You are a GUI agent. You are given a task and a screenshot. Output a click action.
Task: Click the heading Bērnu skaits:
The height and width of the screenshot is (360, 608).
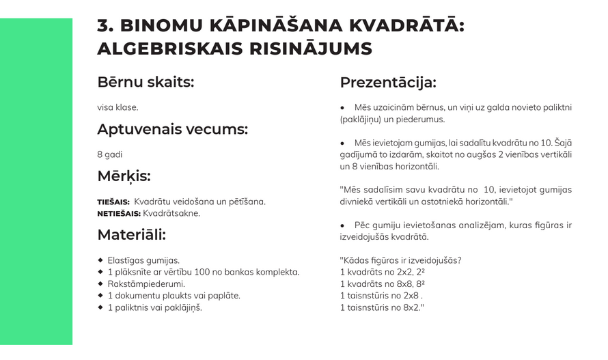pos(146,83)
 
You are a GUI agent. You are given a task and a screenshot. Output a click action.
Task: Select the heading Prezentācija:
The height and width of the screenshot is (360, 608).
pos(387,83)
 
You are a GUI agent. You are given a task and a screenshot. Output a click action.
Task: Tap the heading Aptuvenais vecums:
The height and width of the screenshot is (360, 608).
pos(172,130)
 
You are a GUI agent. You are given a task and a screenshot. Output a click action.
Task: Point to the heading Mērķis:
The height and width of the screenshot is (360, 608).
pos(124,176)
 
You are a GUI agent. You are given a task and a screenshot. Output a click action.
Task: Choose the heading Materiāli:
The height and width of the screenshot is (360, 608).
pos(131,235)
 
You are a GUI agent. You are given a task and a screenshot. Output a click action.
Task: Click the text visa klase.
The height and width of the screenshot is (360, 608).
pos(118,107)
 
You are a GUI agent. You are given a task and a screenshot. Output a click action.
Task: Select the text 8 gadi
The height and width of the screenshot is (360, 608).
pos(109,154)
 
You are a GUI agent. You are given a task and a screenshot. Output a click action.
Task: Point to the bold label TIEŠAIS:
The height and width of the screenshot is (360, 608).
pos(113,202)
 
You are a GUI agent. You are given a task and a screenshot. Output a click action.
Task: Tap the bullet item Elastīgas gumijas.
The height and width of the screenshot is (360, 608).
pos(143,260)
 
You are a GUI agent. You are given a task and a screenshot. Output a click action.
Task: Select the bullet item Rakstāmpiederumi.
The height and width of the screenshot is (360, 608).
pos(146,283)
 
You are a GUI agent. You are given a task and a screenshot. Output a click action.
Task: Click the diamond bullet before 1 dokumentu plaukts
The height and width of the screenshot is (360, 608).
pos(100,295)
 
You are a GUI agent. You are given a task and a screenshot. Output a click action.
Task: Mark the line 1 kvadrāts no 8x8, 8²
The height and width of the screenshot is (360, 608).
pos(383,284)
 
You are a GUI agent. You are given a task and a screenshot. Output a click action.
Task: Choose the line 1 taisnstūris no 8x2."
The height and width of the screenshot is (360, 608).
pos(383,307)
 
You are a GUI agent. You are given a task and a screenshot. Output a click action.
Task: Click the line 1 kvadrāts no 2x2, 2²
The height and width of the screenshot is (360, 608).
pos(383,273)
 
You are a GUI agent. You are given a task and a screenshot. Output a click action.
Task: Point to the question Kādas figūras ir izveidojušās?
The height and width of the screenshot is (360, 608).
pos(400,260)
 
